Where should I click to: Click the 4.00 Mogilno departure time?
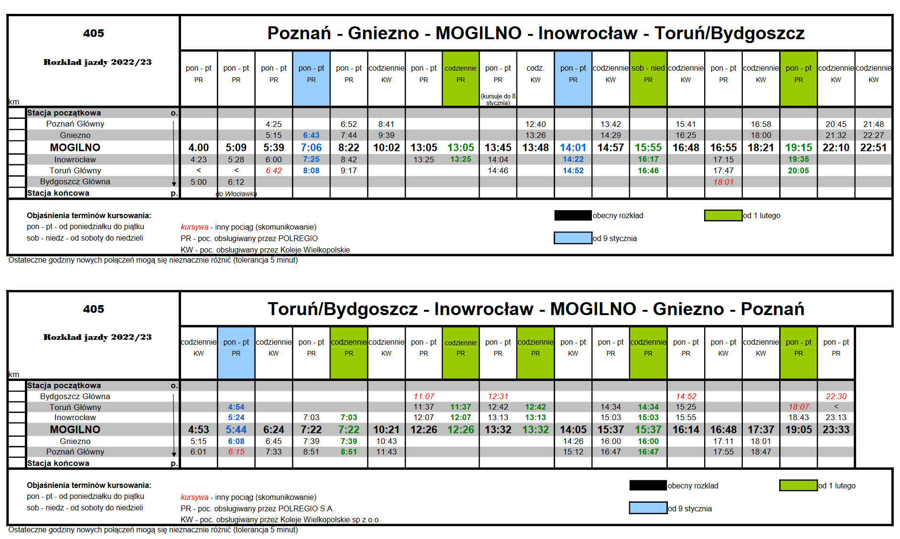[x=198, y=148]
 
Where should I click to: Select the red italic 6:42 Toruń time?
[x=274, y=170]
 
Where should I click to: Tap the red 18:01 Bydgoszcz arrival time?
[x=723, y=182]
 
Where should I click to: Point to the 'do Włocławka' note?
[x=236, y=194]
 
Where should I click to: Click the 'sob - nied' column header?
[x=648, y=68]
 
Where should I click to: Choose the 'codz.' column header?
[x=535, y=68]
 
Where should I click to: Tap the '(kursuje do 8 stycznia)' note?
[x=498, y=99]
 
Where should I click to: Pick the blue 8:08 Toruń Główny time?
[x=311, y=170]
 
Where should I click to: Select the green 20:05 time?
[x=798, y=170]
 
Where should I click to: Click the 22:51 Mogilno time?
[x=873, y=148]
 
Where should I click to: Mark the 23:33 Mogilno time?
[x=836, y=430]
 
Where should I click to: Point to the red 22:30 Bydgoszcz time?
[x=836, y=396]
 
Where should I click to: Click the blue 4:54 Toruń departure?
[x=236, y=407]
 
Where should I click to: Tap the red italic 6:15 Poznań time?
[x=236, y=452]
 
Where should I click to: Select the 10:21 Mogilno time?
[x=386, y=430]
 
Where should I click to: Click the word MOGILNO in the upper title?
[x=478, y=33]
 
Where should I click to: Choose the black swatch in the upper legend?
[x=573, y=215]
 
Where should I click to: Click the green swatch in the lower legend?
[x=798, y=486]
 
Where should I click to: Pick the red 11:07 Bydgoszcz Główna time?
[x=424, y=396]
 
